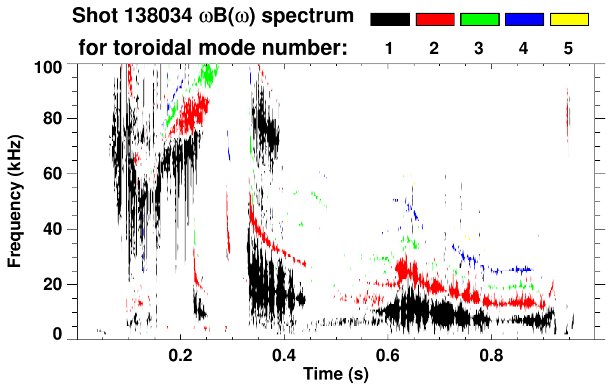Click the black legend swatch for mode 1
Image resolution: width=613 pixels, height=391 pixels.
390,20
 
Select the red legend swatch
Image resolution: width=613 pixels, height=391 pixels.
435,20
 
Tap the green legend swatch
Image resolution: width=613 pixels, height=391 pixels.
479,20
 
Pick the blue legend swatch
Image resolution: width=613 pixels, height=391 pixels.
524,20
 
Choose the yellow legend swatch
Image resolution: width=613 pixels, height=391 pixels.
568,20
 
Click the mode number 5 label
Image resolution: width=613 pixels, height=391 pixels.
568,49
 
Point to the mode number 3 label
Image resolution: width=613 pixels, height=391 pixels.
479,49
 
